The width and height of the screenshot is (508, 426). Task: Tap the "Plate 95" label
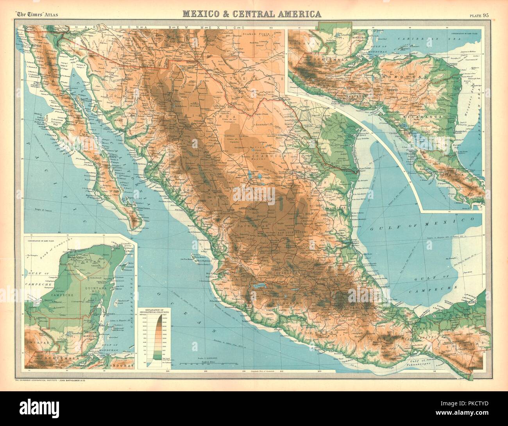[481, 16]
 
